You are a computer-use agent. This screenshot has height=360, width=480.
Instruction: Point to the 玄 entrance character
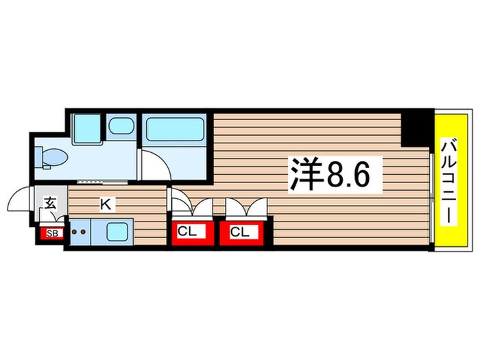(50, 202)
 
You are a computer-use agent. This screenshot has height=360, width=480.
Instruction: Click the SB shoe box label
(51, 233)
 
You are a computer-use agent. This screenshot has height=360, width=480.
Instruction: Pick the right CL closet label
(239, 232)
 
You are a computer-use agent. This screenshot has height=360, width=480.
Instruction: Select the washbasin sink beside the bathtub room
(122, 126)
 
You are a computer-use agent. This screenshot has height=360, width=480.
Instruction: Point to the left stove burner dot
(75, 232)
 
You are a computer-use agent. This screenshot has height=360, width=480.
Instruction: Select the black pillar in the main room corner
(415, 128)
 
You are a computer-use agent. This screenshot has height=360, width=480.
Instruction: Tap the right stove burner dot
(84, 232)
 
